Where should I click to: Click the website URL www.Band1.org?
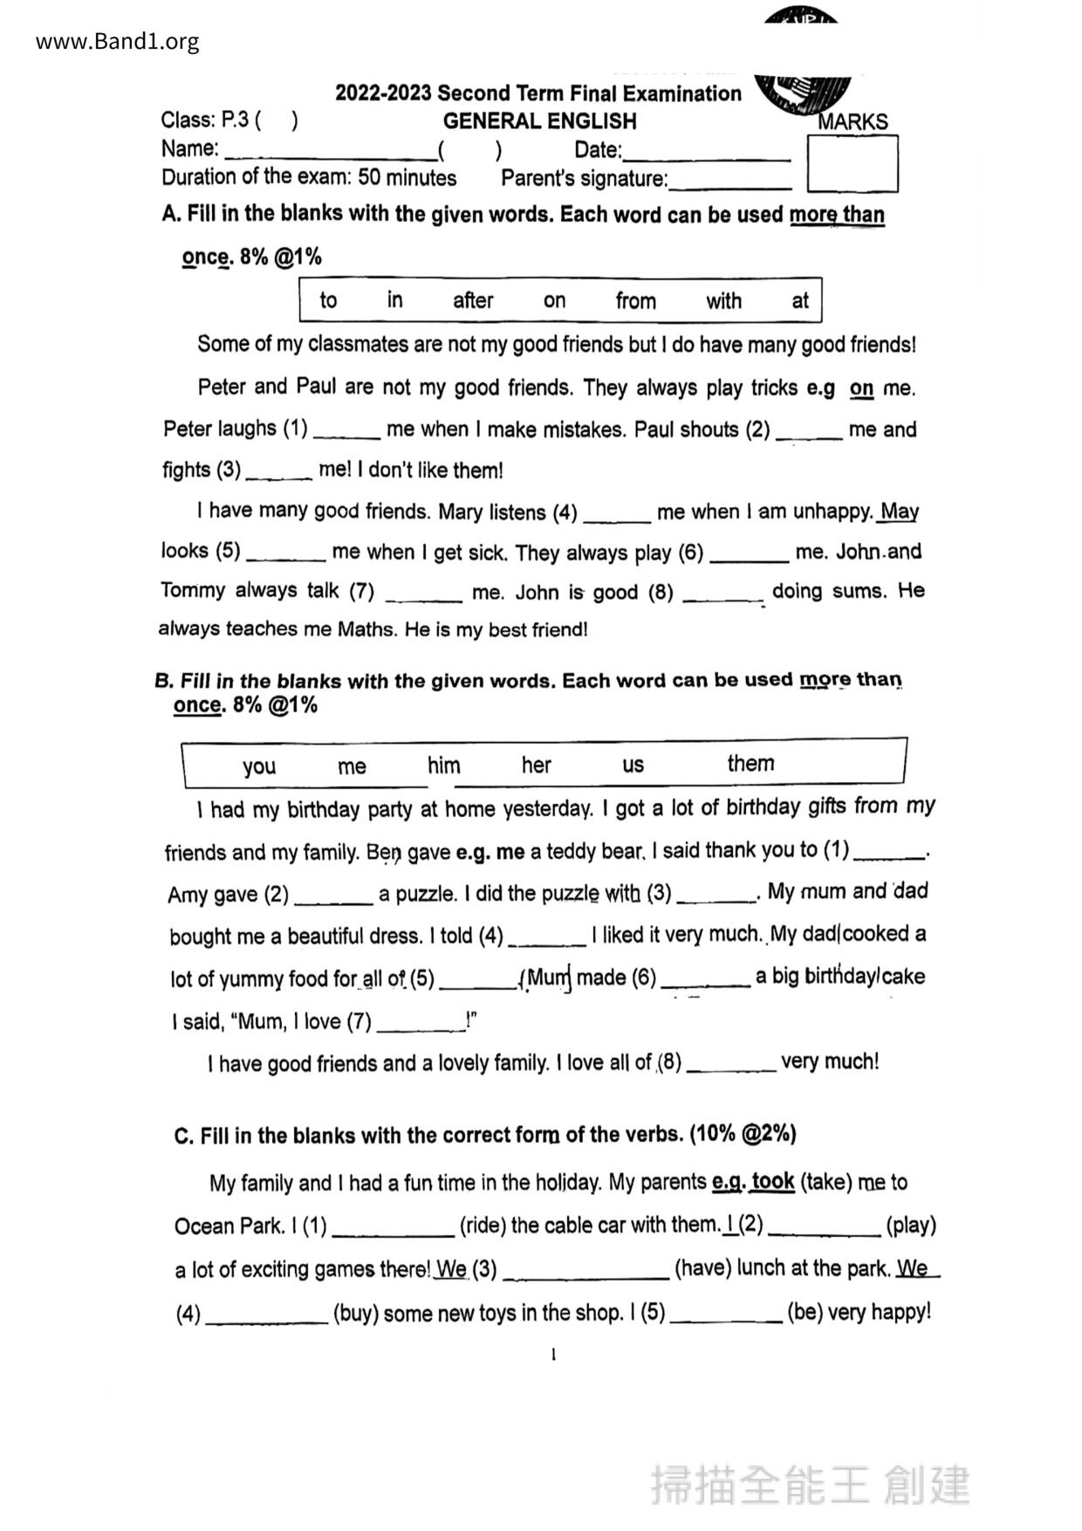point(117,42)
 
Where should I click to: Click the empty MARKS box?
point(852,163)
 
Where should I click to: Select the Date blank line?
point(707,157)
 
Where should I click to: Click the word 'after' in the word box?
point(473,301)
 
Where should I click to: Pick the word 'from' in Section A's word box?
point(635,301)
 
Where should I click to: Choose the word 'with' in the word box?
point(723,301)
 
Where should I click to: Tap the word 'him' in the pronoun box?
point(443,765)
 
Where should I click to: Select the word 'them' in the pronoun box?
point(750,764)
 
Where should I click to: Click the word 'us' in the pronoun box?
point(633,765)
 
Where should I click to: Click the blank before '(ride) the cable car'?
point(394,1232)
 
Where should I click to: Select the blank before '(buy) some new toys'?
point(266,1319)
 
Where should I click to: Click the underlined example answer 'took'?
point(773,1182)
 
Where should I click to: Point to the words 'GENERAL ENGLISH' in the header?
point(539,121)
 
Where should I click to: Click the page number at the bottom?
point(553,1355)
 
